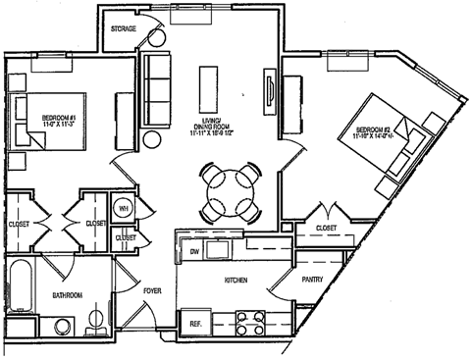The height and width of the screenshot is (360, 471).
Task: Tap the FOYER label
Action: click(x=152, y=291)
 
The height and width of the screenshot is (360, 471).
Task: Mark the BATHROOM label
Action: click(x=67, y=295)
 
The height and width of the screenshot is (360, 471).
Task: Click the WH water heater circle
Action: click(x=125, y=208)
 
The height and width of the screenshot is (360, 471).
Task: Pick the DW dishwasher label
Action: click(x=193, y=251)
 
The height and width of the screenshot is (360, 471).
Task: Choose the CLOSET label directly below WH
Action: click(x=126, y=237)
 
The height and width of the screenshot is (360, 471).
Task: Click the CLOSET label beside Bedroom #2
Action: click(x=325, y=229)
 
